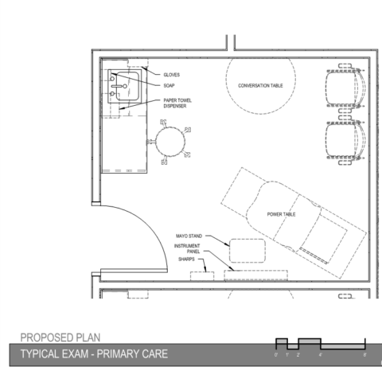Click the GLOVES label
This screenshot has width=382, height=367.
click(x=173, y=74)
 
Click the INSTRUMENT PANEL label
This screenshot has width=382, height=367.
click(x=187, y=248)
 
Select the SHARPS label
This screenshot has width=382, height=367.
click(x=185, y=259)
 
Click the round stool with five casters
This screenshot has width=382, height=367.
click(x=170, y=143)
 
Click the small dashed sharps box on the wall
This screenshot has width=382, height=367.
click(x=203, y=275)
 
